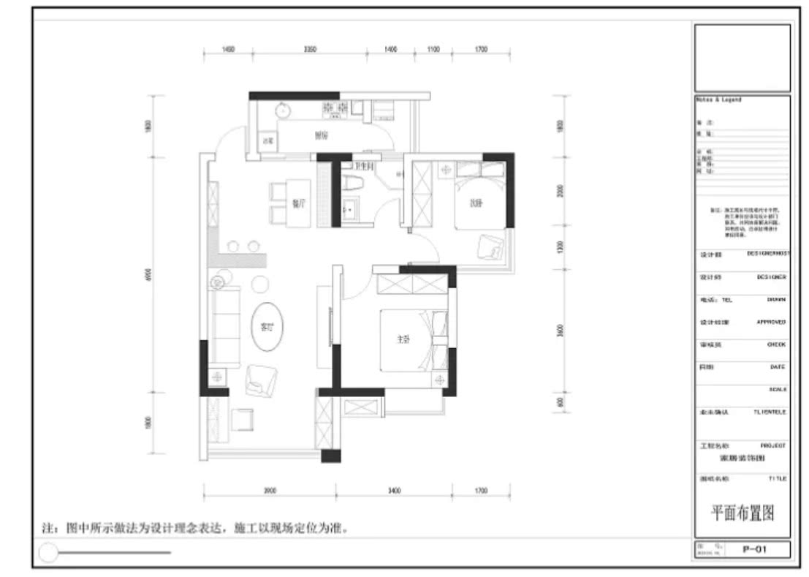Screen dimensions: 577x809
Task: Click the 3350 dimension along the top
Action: [310, 50]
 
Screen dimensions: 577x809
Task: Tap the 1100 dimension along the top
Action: [433, 50]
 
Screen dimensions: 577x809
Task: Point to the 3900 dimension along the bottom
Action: [270, 491]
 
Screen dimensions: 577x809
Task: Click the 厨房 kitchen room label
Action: [320, 135]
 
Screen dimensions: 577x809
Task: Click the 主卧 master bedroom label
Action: [403, 339]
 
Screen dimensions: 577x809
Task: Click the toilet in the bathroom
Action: [351, 181]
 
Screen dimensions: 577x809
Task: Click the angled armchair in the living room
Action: [260, 379]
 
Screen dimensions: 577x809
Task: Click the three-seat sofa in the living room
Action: [226, 327]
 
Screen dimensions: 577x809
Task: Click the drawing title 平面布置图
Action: [742, 513]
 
